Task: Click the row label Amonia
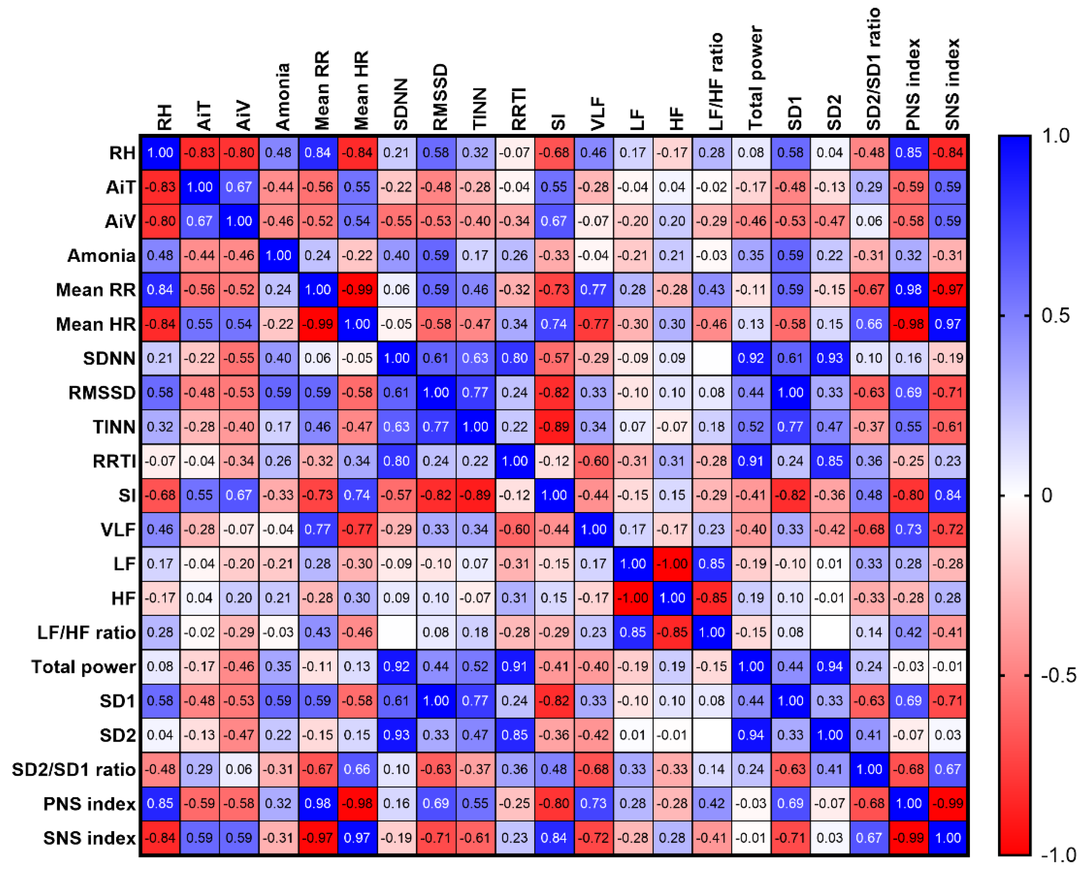coord(101,256)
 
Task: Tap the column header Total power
coord(755,78)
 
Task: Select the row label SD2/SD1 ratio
coord(74,769)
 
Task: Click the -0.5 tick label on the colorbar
coord(1059,675)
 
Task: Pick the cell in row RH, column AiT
coord(199,152)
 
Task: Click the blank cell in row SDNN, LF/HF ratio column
coord(711,358)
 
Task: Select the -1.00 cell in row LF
coord(672,564)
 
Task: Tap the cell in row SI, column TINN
coord(475,495)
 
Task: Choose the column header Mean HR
coord(361,91)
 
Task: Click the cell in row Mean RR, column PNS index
coord(908,290)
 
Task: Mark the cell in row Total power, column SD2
coord(830,667)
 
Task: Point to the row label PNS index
coord(89,803)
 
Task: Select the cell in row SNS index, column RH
coord(160,838)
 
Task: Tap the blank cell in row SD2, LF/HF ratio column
coord(711,735)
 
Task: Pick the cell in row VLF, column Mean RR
coord(317,529)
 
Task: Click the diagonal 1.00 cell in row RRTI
coord(514,461)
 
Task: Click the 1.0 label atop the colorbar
coord(1056,136)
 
